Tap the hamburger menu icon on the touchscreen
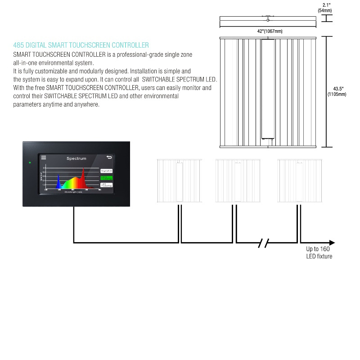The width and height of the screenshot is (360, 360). [x=44, y=157]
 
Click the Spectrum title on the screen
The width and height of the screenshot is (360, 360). [x=76, y=158]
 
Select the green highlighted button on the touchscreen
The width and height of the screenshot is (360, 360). [x=106, y=178]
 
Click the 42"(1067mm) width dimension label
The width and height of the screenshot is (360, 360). [x=270, y=31]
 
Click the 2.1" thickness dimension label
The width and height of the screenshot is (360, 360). [x=327, y=5]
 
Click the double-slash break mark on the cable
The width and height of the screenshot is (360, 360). [x=264, y=243]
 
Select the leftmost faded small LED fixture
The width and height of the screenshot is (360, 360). [x=179, y=180]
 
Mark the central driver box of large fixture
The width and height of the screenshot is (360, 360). [x=268, y=90]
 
